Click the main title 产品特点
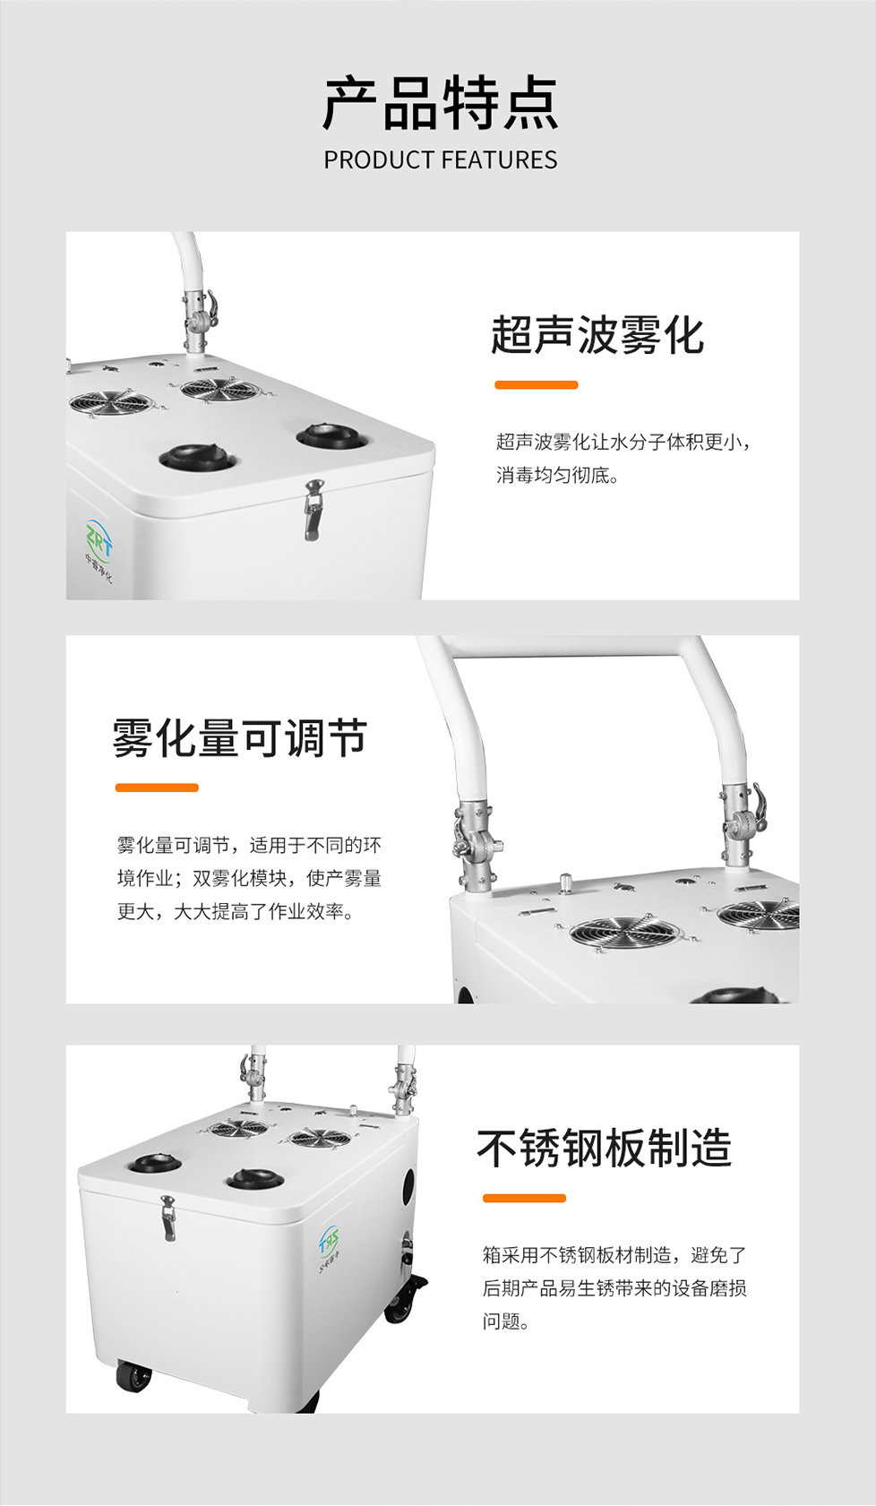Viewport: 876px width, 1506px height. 441,104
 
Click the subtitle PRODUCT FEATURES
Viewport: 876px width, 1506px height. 441,160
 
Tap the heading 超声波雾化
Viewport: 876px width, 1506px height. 597,335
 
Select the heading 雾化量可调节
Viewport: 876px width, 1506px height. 239,737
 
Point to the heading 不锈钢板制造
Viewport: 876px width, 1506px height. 604,1148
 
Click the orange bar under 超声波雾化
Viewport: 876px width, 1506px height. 537,384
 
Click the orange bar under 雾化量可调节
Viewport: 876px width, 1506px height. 157,787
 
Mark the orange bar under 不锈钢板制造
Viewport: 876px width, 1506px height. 524,1198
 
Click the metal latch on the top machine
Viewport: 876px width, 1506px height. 313,509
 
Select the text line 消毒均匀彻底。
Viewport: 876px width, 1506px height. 557,476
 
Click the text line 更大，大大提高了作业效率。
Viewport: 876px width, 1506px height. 236,911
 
